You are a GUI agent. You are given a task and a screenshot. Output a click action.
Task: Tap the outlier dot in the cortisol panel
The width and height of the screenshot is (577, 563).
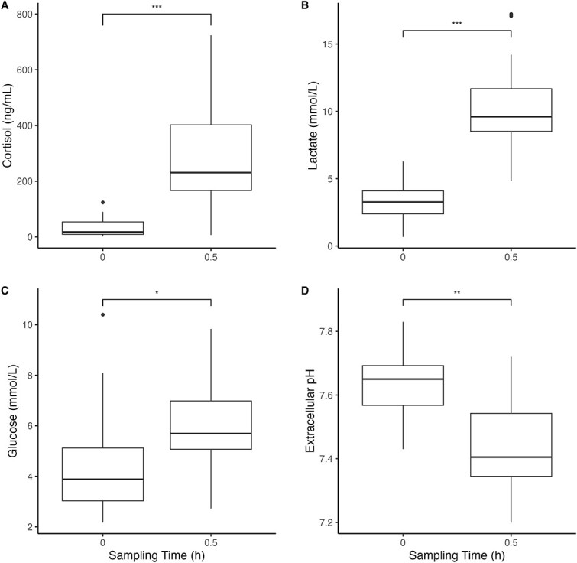102,203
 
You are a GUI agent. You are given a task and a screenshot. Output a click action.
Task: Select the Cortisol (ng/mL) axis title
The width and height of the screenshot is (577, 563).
8,126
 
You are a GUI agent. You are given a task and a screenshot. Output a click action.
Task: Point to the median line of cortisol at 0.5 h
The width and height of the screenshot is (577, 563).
211,172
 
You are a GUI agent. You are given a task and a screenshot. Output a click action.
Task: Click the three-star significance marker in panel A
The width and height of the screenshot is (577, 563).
157,8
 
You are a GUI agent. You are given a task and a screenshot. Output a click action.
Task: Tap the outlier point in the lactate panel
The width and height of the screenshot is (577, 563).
511,15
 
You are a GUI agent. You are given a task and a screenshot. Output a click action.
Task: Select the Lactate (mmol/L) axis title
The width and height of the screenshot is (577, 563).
313,125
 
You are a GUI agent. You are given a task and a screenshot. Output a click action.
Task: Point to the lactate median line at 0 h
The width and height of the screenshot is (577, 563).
403,202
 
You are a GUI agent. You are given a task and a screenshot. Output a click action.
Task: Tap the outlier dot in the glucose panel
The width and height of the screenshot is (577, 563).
102,314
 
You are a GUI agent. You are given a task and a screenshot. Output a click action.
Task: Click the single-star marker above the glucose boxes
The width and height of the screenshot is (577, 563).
157,293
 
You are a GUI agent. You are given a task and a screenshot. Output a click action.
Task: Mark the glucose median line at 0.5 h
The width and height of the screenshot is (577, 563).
211,434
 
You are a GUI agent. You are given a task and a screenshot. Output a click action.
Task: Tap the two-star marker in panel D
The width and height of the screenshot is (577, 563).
457,293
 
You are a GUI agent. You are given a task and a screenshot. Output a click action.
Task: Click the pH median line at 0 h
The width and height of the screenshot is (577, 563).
403,379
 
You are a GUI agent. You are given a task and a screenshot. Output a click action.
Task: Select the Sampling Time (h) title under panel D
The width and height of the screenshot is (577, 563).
457,555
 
